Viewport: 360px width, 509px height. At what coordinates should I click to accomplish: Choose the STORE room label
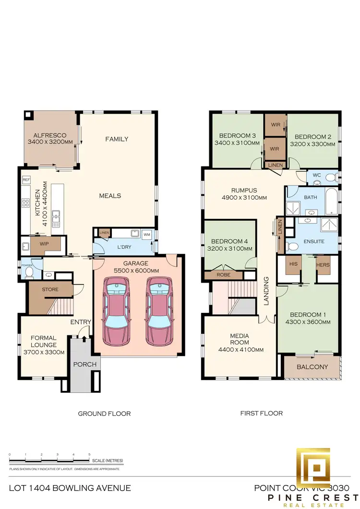pos(50,289)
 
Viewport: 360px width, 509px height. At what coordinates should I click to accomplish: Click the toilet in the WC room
pos(329,178)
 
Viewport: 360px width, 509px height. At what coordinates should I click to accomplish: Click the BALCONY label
pos(312,367)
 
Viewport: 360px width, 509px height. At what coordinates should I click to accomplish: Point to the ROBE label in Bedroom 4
pos(222,276)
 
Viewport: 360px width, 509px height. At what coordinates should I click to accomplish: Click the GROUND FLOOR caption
pos(104,413)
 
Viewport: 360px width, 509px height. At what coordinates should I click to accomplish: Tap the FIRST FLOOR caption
pos(262,413)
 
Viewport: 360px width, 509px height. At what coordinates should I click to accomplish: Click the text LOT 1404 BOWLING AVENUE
pos(70,488)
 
